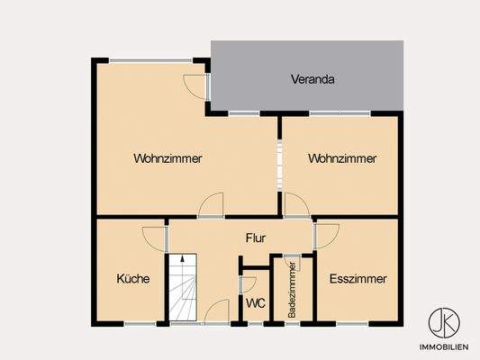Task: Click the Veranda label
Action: [x=312, y=79]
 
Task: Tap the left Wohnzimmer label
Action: [x=168, y=158]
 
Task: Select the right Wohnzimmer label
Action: [x=341, y=158]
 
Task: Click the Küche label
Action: [x=132, y=279]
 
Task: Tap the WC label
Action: [x=255, y=303]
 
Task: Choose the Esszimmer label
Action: [x=358, y=279]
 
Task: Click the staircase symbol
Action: [x=183, y=288]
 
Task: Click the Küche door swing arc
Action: [x=156, y=238]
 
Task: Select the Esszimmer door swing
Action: [x=326, y=236]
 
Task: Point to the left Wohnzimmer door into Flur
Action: [x=212, y=205]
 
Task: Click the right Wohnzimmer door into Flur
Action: [x=296, y=206]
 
